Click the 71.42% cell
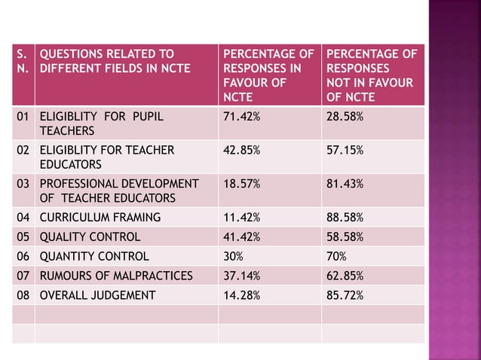[242, 117]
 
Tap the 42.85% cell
[242, 151]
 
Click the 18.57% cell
[242, 184]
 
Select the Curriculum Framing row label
[100, 218]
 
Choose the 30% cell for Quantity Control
[234, 256]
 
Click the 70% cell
[336, 256]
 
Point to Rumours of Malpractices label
[115, 275]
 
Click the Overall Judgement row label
[98, 294]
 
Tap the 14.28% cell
[242, 294]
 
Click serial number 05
[24, 236]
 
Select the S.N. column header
[23, 62]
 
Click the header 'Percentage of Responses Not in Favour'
[371, 75]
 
